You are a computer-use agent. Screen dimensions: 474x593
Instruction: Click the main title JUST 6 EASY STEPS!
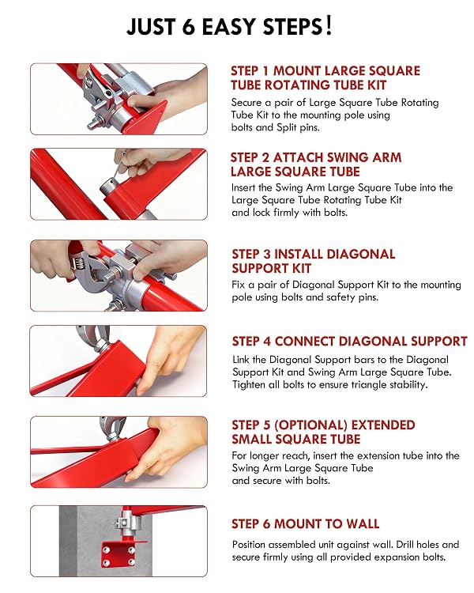pos(229,26)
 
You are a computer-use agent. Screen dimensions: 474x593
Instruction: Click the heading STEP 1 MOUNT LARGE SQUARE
pos(325,70)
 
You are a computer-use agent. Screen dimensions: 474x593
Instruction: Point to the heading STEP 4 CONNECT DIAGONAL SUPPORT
pos(350,341)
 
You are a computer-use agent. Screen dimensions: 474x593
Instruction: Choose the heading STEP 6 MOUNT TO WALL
pos(306,523)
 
